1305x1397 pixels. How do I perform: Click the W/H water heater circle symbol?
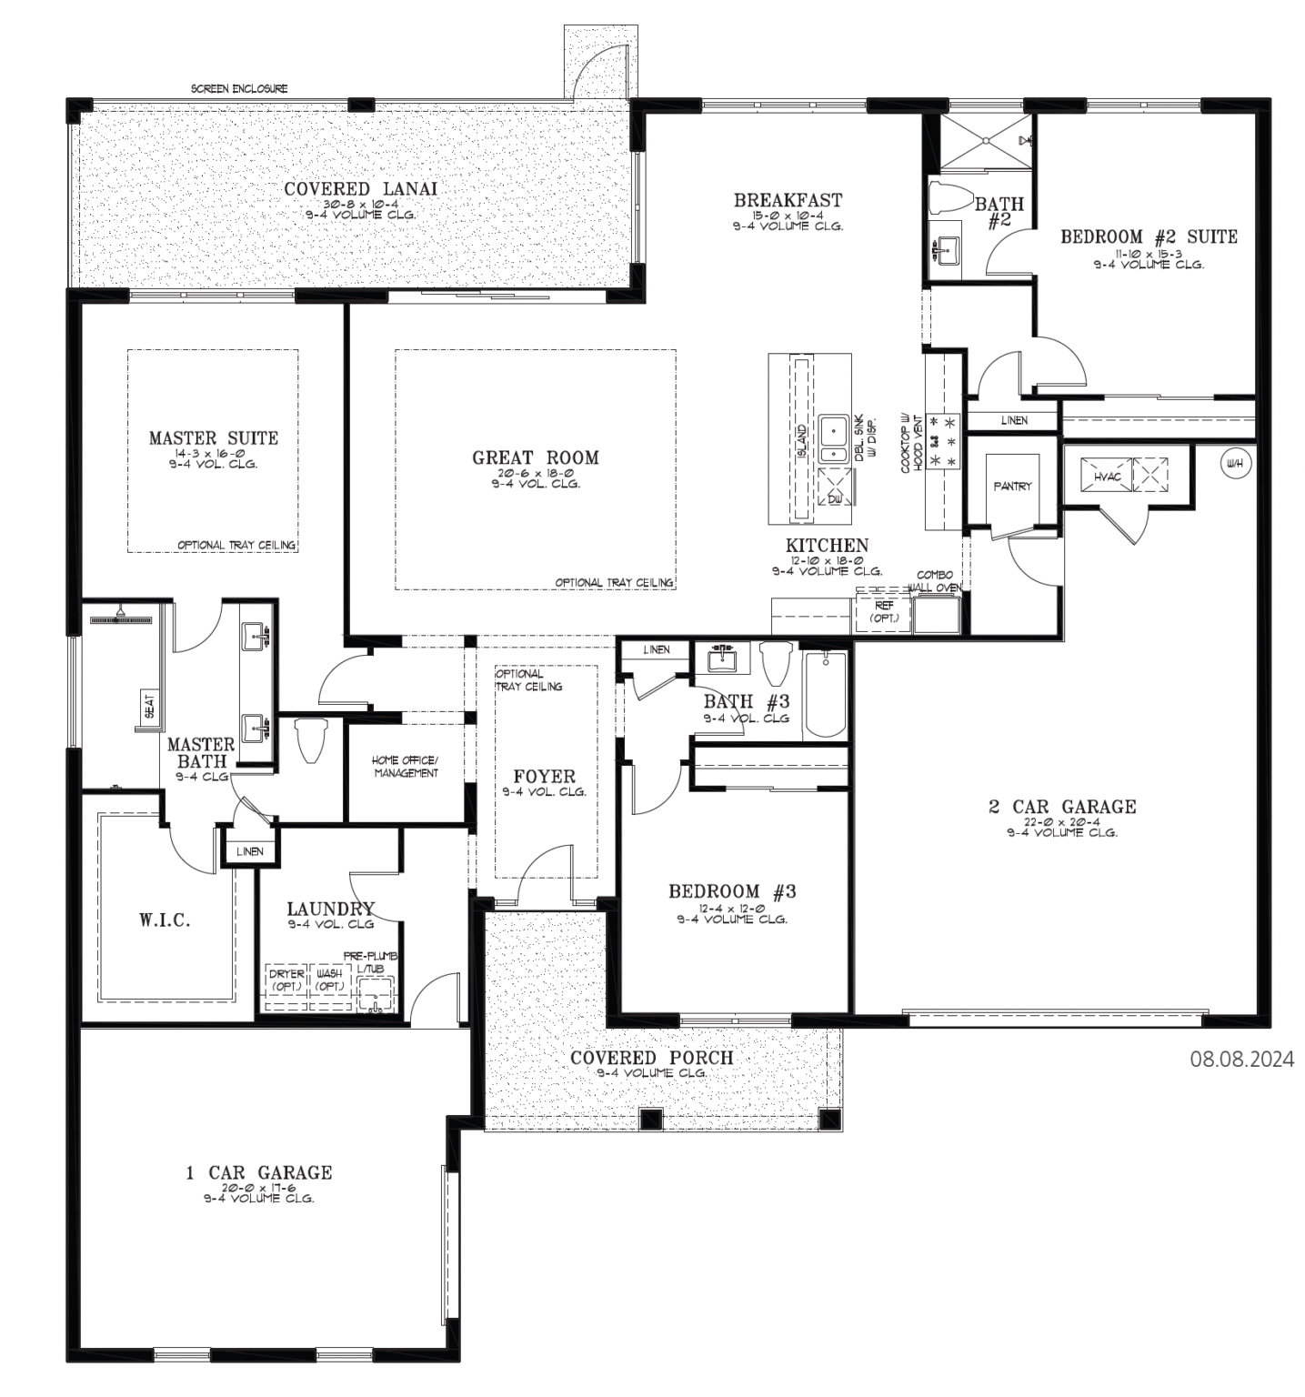click(1234, 464)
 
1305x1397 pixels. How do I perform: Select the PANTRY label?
click(1012, 487)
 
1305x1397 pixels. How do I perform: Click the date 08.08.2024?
click(1241, 1059)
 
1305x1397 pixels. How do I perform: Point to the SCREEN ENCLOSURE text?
click(239, 88)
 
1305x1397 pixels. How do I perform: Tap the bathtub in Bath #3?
click(825, 694)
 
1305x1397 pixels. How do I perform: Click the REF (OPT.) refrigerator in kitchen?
click(883, 612)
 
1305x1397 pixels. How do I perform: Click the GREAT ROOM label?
click(535, 457)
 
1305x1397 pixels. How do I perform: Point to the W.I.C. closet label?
click(165, 920)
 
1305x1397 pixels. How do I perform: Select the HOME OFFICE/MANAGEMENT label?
click(405, 767)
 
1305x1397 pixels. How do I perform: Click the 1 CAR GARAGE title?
click(259, 1172)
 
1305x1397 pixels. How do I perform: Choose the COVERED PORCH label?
click(651, 1058)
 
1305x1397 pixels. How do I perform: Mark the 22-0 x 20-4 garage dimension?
click(1061, 820)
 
